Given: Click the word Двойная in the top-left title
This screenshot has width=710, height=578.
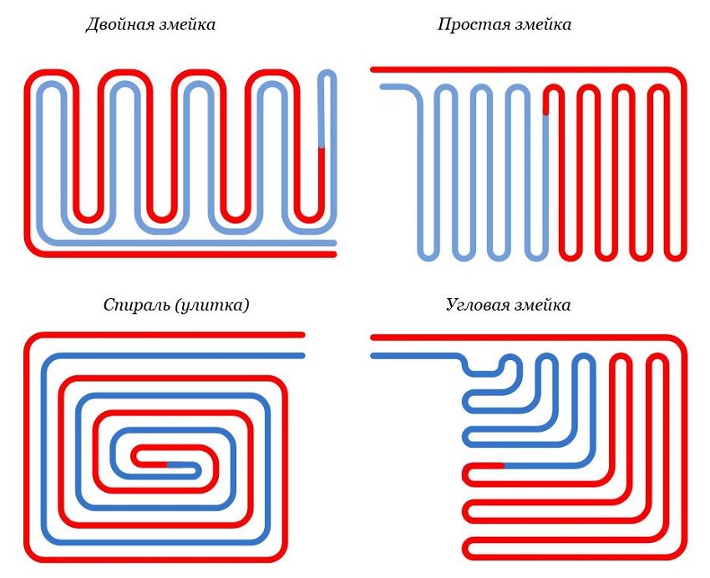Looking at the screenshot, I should [118, 24].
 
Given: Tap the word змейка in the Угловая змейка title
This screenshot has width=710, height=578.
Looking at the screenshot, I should [544, 305].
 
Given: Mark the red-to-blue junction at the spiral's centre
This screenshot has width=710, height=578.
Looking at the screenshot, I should [166, 462].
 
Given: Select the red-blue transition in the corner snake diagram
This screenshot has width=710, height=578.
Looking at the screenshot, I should [503, 464].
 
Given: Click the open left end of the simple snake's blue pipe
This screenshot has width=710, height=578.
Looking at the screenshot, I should [383, 86].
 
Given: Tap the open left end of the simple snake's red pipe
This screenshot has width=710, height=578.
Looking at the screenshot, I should [375, 69].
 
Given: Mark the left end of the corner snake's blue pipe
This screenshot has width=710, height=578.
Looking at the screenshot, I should [373, 356].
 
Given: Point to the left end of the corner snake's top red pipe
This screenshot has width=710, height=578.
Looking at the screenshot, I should [373, 337].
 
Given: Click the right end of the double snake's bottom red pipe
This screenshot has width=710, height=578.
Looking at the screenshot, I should [333, 254].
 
